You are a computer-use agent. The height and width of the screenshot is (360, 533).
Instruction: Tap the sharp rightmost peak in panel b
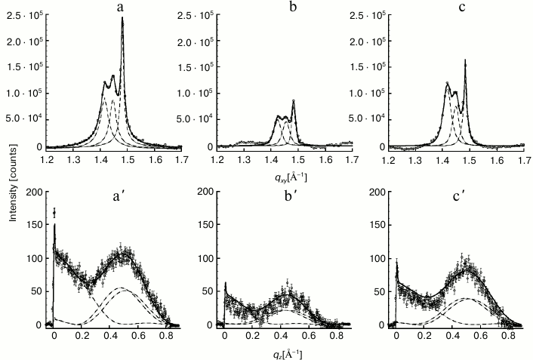click(293, 100)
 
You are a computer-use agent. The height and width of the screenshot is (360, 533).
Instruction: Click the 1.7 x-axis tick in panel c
click(524, 159)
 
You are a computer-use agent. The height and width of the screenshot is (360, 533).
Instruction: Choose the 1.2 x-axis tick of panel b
click(217, 159)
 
